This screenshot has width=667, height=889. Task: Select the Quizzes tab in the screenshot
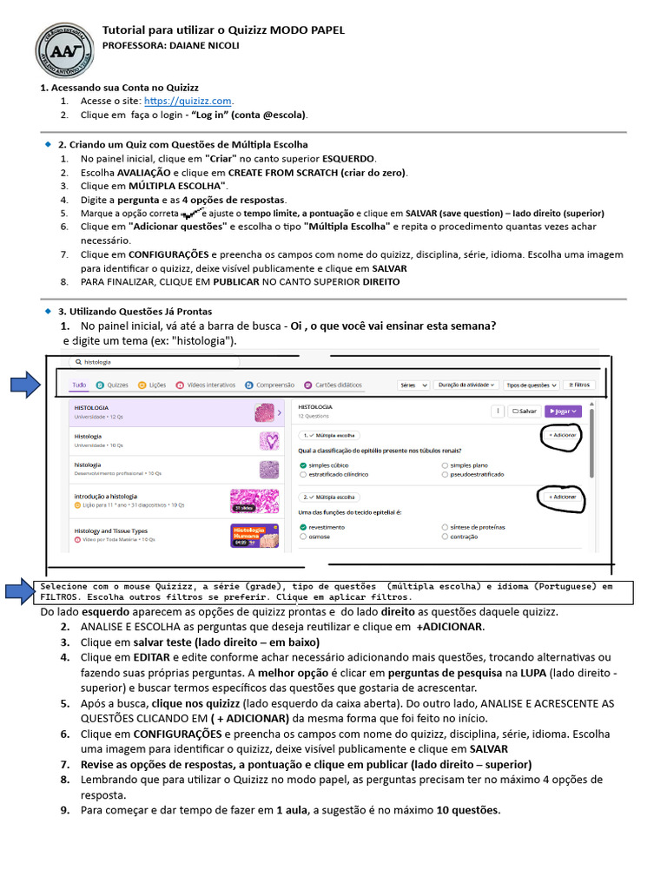pos(112,385)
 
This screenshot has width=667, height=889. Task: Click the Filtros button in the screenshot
pos(579,385)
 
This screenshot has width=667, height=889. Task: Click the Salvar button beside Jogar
pos(524,412)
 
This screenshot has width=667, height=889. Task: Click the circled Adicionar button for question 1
pos(563,435)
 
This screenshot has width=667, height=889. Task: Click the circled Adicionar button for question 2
pos(563,497)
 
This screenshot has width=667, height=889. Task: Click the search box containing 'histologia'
pos(174,361)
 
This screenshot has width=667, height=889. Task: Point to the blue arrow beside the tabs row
pos(25,383)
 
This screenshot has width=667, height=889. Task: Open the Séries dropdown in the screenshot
pos(413,385)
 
